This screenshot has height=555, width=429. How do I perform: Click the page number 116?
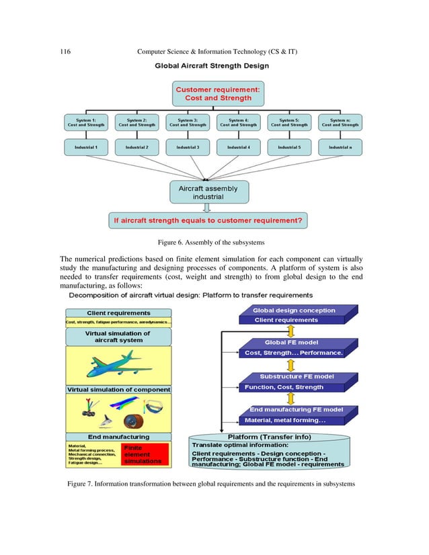[x=65, y=52]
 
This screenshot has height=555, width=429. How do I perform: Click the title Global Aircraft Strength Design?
[x=212, y=66]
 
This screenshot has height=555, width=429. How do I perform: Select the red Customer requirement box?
[x=213, y=93]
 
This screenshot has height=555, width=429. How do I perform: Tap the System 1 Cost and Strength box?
[x=85, y=122]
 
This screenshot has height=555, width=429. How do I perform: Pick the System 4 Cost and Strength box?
[x=239, y=122]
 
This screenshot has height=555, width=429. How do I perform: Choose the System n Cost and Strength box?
[x=340, y=122]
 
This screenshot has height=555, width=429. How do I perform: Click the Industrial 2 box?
[x=136, y=146]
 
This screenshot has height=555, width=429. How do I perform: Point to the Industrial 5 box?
[x=289, y=146]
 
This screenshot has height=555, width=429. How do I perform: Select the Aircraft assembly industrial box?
[x=212, y=194]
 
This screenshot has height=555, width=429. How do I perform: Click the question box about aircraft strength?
[x=213, y=220]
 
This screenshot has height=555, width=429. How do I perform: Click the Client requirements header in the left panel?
[x=118, y=312]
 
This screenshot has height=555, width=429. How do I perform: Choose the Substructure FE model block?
[x=293, y=382]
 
